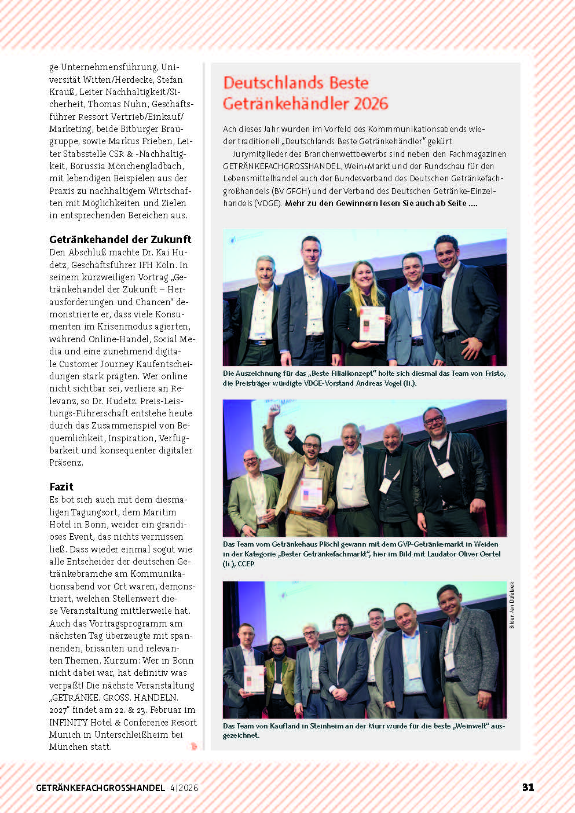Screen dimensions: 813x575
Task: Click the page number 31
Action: (528, 787)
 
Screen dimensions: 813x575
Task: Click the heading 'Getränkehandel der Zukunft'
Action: (120, 239)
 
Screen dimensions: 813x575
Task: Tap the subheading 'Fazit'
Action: (61, 486)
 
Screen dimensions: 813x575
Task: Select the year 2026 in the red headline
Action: (362, 104)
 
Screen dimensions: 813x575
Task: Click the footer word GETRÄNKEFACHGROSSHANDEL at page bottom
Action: (100, 788)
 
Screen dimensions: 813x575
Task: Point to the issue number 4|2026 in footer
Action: (184, 788)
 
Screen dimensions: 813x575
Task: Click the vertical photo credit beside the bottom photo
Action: (512, 605)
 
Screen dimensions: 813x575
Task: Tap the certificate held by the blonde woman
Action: (371, 323)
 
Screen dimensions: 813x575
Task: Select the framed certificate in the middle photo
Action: (311, 493)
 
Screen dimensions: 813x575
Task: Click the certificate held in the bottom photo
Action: (254, 679)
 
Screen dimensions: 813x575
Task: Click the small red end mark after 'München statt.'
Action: (193, 746)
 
